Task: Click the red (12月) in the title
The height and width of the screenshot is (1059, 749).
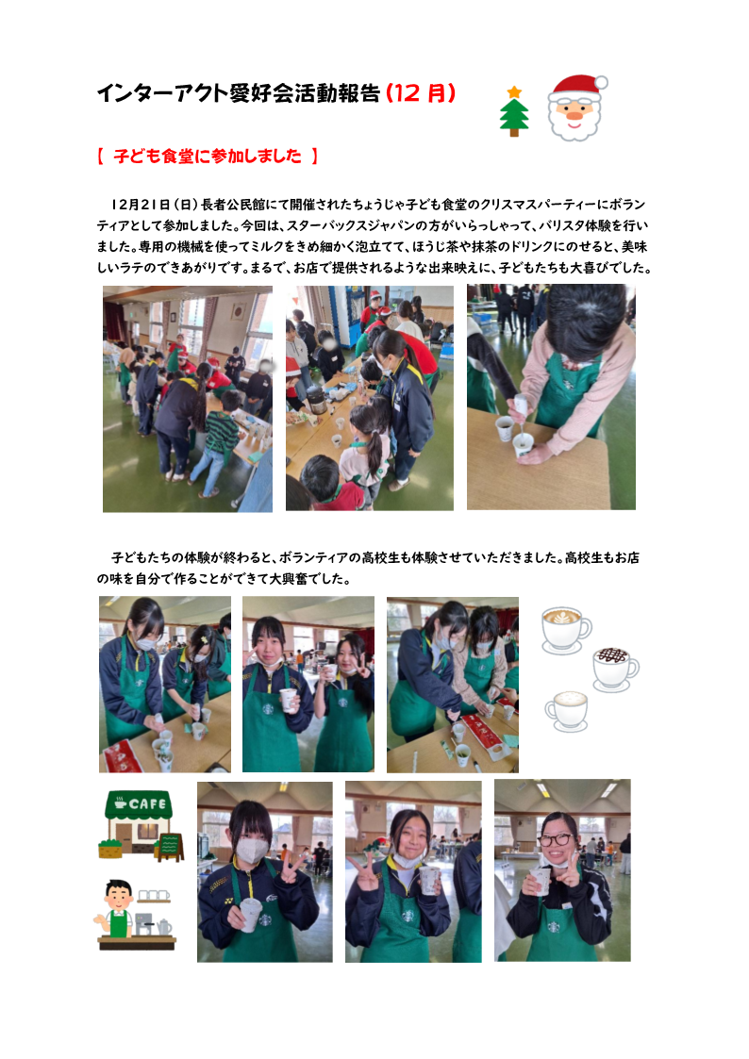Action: [421, 93]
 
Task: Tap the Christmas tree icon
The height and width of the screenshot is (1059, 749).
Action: [514, 111]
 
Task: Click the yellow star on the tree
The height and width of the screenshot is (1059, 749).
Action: [515, 91]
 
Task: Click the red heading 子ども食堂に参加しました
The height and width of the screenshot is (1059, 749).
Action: [208, 156]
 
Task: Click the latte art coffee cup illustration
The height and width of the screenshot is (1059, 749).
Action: [566, 630]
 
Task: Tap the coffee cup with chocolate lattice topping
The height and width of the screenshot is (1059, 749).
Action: [615, 670]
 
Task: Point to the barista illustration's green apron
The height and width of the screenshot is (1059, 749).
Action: [119, 924]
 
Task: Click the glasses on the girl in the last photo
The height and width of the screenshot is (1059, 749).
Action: [556, 840]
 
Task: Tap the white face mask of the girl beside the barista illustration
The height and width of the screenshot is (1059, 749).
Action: [251, 851]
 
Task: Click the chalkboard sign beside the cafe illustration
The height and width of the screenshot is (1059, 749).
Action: [170, 847]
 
